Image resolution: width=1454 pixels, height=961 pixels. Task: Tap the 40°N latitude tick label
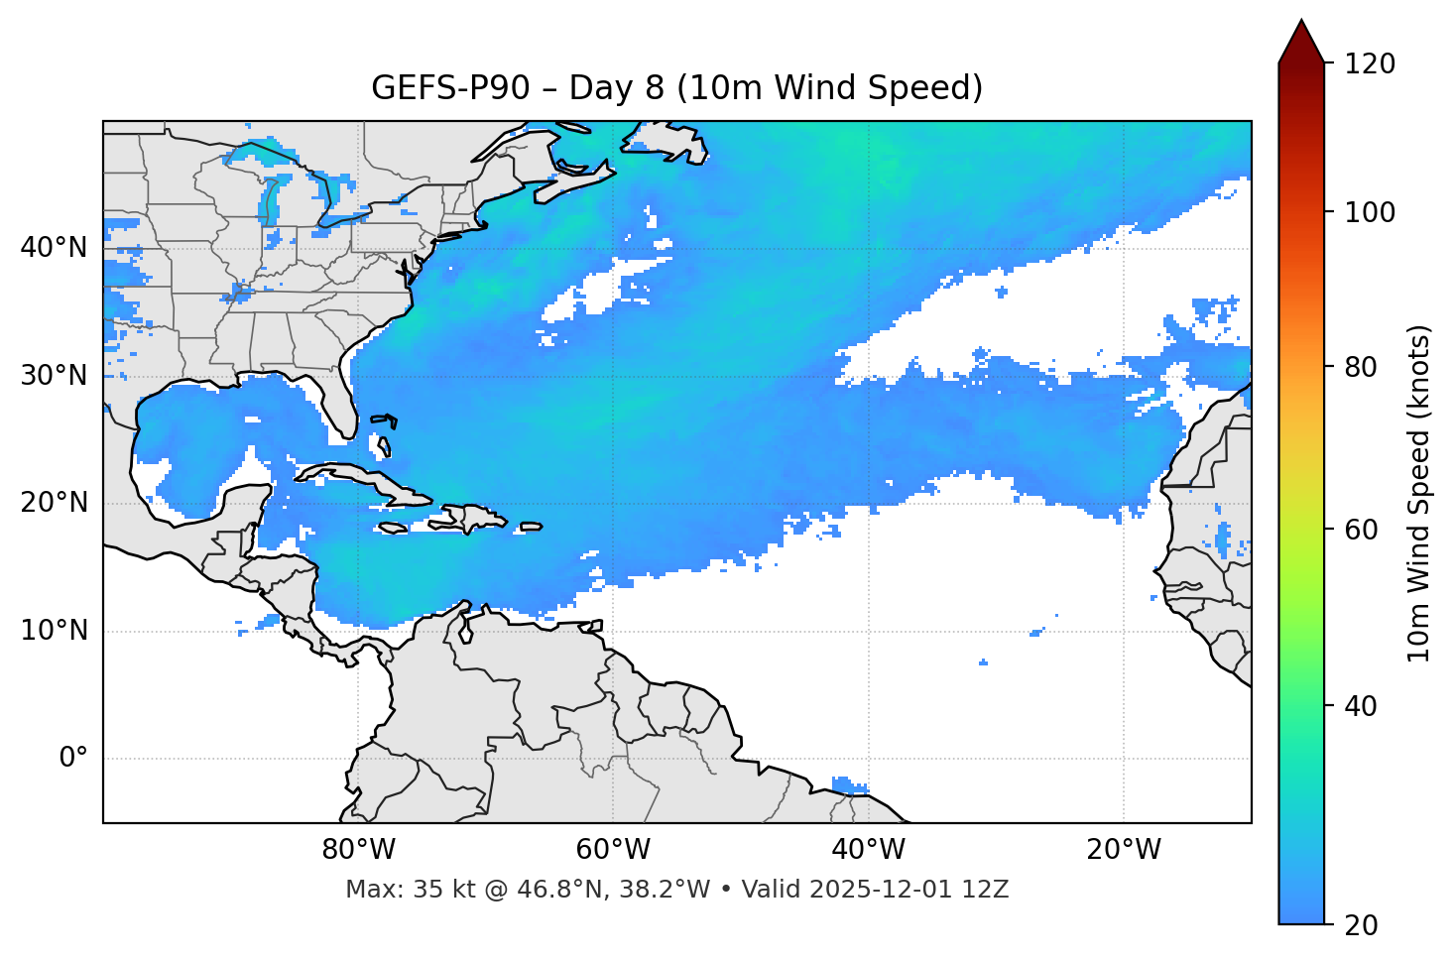(x=54, y=248)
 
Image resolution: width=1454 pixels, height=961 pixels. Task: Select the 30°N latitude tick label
(x=54, y=376)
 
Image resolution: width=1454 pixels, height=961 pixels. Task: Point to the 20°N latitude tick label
(x=54, y=503)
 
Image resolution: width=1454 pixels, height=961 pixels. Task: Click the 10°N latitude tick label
(x=54, y=631)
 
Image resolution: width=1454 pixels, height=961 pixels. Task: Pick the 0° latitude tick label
(x=73, y=759)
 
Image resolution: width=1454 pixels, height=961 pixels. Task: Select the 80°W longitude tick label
(x=358, y=850)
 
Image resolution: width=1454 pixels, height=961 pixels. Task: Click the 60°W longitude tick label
(x=613, y=850)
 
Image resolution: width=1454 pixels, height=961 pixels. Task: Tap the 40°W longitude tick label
(x=868, y=850)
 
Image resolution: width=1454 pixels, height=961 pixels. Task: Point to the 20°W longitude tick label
(x=1123, y=850)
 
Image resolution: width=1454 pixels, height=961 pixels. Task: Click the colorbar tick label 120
(x=1369, y=63)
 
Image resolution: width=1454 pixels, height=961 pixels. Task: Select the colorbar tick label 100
(x=1369, y=212)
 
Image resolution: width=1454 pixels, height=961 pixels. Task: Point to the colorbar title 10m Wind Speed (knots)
(x=1419, y=494)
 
